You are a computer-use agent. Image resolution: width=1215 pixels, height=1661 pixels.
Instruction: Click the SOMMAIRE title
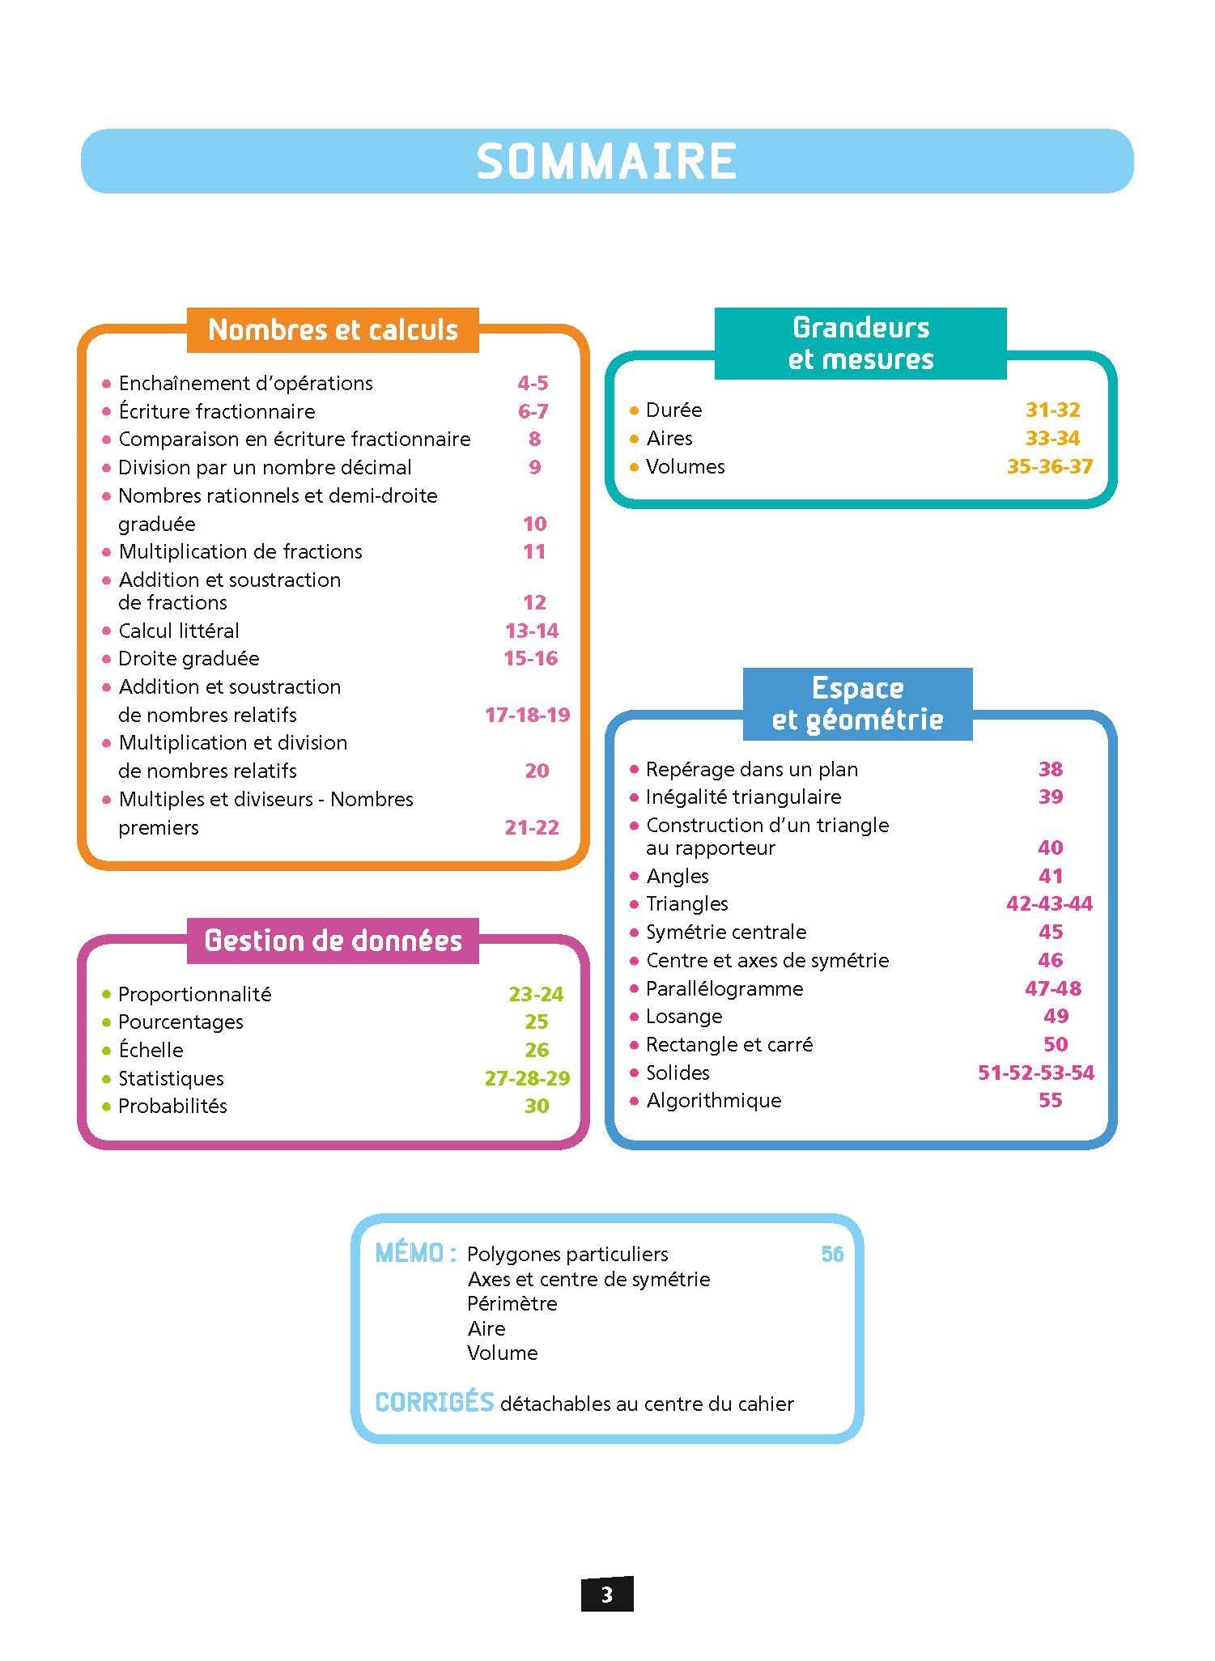point(606,161)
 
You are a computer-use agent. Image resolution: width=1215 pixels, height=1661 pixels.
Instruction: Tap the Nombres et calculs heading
point(333,329)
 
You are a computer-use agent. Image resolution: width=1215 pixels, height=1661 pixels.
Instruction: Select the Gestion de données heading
point(333,941)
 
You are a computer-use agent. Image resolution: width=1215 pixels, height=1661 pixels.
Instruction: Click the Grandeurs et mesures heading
point(860,343)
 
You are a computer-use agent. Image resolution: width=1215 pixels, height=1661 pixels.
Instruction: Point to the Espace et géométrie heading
point(857,703)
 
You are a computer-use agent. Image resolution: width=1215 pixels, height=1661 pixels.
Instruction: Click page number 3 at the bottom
point(607,1595)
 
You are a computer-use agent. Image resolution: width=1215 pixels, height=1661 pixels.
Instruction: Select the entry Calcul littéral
point(179,631)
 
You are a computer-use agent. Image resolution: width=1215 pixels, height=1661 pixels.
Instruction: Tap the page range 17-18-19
point(527,715)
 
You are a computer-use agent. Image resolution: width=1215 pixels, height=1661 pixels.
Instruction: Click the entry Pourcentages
point(181,1022)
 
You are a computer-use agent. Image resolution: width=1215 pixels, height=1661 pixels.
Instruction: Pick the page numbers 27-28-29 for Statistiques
point(527,1078)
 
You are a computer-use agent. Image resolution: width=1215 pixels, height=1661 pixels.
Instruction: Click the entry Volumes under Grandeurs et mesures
point(685,466)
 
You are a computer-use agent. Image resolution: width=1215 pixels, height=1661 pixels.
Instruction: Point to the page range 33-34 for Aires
point(1052,438)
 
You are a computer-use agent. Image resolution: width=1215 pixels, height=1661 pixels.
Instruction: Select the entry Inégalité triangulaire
point(743,797)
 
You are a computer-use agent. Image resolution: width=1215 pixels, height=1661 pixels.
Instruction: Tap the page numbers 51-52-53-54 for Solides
point(1036,1073)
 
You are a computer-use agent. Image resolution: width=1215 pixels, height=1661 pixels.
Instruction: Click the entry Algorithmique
point(713,1100)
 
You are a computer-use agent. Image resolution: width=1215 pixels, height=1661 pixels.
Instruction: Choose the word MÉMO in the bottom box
point(410,1254)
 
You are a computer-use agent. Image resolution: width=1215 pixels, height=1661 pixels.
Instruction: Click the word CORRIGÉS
point(434,1403)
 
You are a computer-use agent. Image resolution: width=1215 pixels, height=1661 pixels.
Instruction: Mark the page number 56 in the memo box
point(832,1254)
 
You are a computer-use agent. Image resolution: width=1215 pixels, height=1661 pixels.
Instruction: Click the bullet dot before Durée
point(634,410)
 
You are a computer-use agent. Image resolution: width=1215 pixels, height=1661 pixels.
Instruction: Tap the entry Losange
point(684,1016)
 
